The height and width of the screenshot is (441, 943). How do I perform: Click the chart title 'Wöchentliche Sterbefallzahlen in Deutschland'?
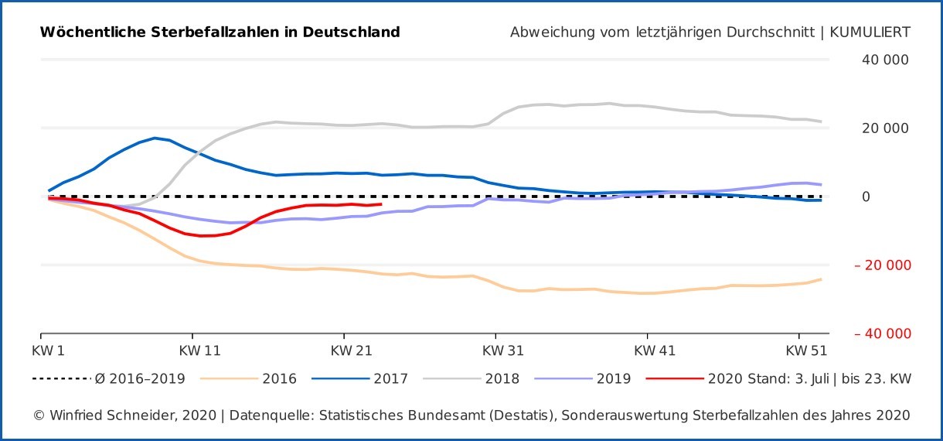(x=220, y=32)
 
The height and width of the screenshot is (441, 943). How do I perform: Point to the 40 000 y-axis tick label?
(x=884, y=60)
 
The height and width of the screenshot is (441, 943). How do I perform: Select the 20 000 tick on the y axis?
(x=884, y=128)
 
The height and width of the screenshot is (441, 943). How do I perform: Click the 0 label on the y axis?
(x=866, y=197)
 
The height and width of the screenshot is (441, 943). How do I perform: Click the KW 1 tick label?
(x=48, y=350)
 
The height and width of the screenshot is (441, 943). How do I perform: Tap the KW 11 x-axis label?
(x=199, y=350)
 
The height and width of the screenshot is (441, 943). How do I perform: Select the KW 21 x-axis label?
(x=351, y=350)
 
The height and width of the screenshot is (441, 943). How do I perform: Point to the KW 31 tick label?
(x=502, y=350)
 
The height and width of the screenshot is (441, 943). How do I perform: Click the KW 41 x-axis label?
(x=654, y=350)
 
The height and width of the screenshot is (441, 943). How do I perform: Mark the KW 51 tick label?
(x=805, y=350)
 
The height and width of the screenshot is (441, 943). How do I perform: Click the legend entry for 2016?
(x=279, y=379)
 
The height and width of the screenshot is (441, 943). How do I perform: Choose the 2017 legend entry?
(x=390, y=379)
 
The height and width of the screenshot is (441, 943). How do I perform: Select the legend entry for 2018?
(x=502, y=379)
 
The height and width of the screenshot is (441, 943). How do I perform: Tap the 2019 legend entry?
(x=613, y=379)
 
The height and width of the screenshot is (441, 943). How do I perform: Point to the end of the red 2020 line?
(x=382, y=204)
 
